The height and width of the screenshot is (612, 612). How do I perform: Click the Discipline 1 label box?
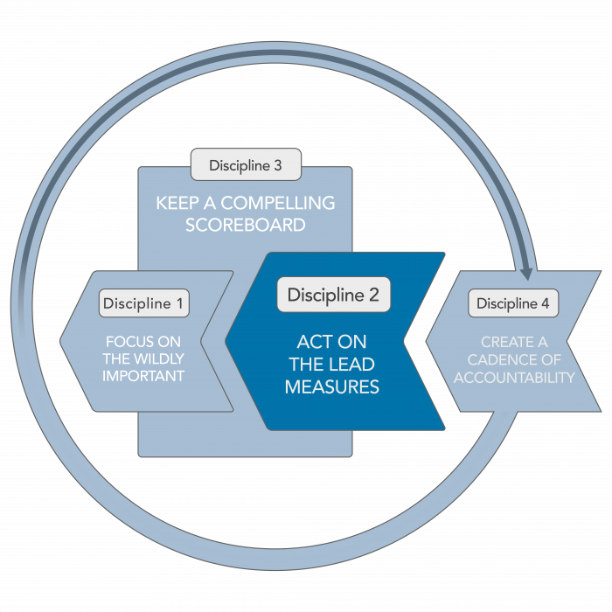point(144,303)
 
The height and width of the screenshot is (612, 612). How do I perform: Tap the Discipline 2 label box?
point(333,295)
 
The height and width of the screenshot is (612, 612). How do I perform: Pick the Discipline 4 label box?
point(513,303)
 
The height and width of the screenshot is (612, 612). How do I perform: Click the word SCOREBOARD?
point(245,225)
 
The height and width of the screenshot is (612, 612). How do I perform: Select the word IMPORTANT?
point(143,376)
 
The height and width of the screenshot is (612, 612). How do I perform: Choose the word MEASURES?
point(332,386)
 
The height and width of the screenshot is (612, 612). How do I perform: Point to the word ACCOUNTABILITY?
point(513,378)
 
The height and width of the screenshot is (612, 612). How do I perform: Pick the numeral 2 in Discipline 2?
point(373,296)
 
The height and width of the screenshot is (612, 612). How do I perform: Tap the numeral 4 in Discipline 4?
point(546,304)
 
